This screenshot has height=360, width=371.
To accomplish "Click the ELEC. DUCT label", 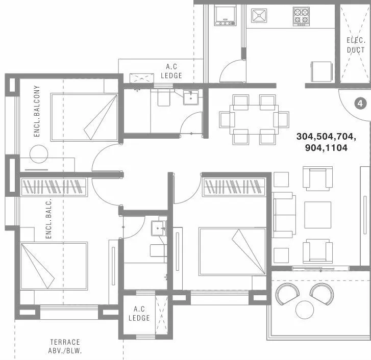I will click(x=356, y=45).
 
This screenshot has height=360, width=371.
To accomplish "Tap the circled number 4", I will click(x=360, y=104).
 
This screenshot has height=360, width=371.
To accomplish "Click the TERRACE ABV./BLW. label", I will click(x=65, y=346).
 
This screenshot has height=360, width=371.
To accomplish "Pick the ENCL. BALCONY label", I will click(x=37, y=112).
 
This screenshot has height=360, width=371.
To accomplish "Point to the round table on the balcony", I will click(x=305, y=309).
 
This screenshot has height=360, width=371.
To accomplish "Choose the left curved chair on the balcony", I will click(x=287, y=294).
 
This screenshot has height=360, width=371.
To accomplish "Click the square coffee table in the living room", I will click(x=317, y=215).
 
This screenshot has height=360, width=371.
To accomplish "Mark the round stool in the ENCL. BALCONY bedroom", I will click(x=37, y=153).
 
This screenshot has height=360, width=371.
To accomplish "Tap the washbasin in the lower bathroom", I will click(x=159, y=227).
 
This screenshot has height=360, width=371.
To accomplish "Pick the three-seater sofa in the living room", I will click(x=284, y=215).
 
